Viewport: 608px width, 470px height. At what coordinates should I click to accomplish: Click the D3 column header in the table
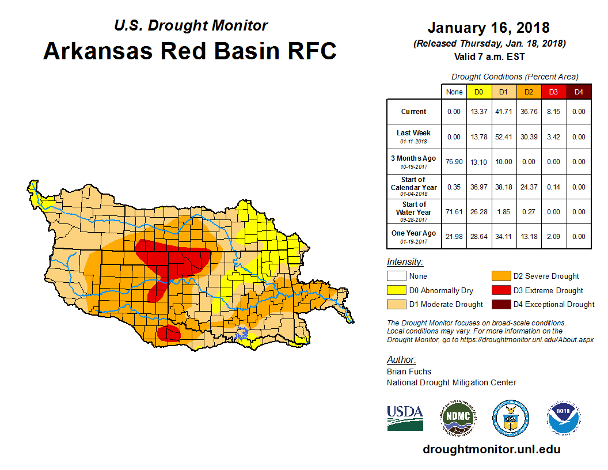tap(553, 92)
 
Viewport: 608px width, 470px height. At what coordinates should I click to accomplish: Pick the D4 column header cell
tap(579, 92)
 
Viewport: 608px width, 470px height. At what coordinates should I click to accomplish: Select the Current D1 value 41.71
tap(503, 112)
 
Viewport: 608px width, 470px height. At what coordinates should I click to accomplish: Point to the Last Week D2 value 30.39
tap(529, 137)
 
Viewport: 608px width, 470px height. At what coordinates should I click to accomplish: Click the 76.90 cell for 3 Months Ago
tap(454, 162)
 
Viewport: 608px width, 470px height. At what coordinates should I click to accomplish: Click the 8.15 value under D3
tap(553, 112)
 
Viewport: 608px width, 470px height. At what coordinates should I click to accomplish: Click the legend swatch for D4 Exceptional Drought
tap(500, 304)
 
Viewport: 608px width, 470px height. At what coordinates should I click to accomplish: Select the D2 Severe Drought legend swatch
tap(500, 276)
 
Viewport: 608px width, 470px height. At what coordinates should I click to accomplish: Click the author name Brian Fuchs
tap(409, 372)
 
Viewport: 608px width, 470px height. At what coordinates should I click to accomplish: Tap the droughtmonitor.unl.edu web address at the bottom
tap(491, 449)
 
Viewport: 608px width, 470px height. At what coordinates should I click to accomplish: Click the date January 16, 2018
tap(488, 28)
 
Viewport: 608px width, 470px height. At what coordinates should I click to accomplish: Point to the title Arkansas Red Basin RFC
tap(190, 51)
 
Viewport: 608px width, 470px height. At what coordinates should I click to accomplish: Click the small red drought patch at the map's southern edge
tap(169, 333)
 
